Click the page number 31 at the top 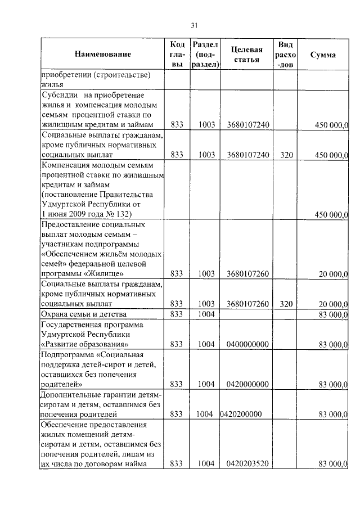coord(195,25)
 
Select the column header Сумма coord(323,55)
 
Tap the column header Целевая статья coord(247,55)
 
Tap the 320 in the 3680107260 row coord(286,304)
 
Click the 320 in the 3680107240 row coord(286,155)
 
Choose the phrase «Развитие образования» coord(85,344)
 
